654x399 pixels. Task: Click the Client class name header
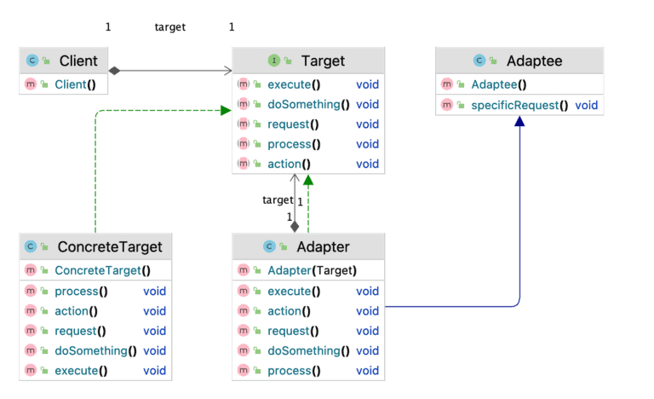click(x=78, y=61)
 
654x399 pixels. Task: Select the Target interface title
click(x=323, y=61)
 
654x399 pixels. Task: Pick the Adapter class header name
click(x=322, y=247)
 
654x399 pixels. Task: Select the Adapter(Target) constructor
click(x=312, y=271)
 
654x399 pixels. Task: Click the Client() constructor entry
click(x=76, y=84)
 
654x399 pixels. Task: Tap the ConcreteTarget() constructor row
click(x=102, y=271)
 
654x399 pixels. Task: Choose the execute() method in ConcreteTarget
click(x=81, y=370)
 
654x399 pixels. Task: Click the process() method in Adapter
click(x=294, y=370)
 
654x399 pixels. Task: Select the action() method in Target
click(x=289, y=164)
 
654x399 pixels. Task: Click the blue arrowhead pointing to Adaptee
click(x=519, y=123)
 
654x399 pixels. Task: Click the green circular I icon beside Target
click(x=273, y=61)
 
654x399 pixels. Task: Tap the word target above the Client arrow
click(x=169, y=27)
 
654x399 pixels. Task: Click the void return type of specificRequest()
click(x=586, y=105)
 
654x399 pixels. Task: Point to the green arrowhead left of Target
click(x=226, y=110)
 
